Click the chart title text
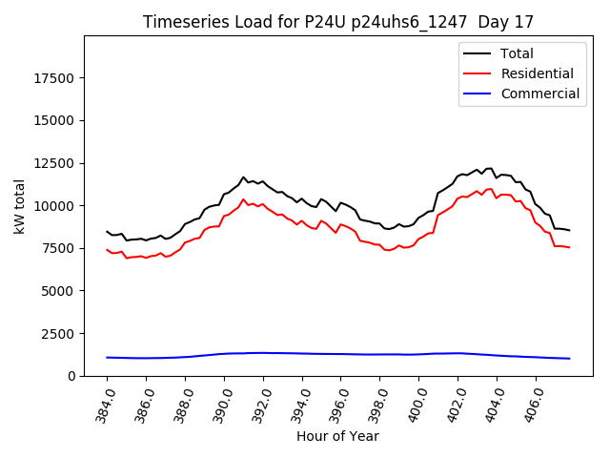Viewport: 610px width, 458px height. tap(338, 22)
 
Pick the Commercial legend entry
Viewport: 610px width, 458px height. tap(539, 94)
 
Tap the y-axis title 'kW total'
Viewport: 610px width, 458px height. tap(20, 206)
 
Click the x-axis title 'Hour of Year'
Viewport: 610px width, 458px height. tap(337, 436)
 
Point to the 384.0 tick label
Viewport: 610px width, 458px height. tap(105, 404)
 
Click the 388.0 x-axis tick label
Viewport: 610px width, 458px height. tap(183, 404)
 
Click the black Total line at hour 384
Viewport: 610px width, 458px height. tap(108, 231)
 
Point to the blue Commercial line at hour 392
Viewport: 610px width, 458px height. tap(263, 352)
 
